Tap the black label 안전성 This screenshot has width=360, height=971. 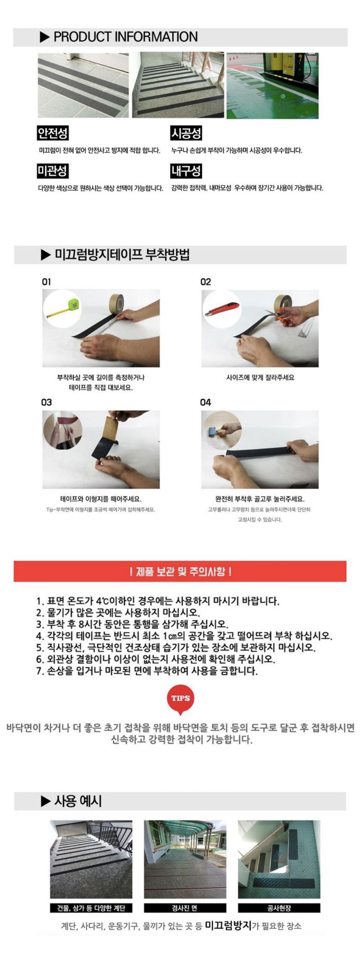point(53,133)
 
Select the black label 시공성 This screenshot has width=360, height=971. point(186,133)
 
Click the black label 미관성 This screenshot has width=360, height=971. point(53,171)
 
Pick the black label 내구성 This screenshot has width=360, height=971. point(186,171)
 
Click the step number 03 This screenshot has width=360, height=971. point(47,402)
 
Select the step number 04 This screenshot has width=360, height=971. point(206,402)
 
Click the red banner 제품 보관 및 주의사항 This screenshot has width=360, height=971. point(180,571)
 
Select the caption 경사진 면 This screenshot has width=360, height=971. point(185,908)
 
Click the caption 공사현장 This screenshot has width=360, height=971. point(279,908)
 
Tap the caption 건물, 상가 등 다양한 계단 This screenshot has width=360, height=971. point(91,908)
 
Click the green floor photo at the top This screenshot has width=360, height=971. point(272,85)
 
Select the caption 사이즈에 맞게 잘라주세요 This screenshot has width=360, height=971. point(260,378)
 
